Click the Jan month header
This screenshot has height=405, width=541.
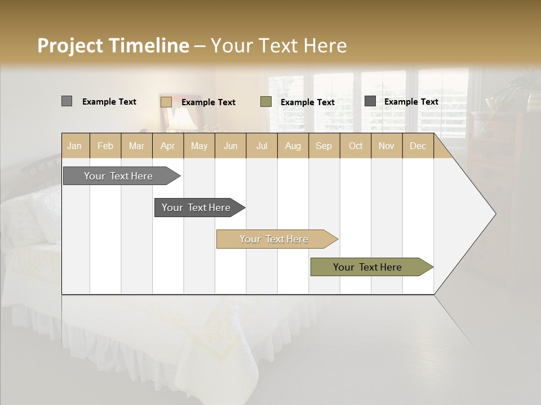click(x=74, y=146)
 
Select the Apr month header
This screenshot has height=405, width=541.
click(x=167, y=146)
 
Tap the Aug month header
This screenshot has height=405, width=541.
click(x=292, y=146)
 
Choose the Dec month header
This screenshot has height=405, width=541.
click(x=418, y=146)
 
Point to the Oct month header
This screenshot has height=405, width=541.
click(x=356, y=146)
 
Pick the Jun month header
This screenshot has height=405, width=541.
click(x=230, y=146)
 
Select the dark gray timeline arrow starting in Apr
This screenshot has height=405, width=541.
click(x=197, y=208)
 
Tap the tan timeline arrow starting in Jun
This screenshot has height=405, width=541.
click(x=275, y=239)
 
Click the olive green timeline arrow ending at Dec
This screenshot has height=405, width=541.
click(x=369, y=267)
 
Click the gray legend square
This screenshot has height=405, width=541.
click(x=66, y=101)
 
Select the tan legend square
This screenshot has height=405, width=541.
click(x=166, y=102)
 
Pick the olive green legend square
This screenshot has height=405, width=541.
click(x=266, y=102)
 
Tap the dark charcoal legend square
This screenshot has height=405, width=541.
click(x=370, y=101)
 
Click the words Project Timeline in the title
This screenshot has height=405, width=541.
click(x=113, y=46)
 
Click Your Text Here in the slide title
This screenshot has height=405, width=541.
click(x=278, y=46)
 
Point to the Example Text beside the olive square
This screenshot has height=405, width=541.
click(x=307, y=102)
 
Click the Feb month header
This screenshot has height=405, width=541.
click(x=105, y=146)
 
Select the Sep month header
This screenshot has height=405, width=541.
click(x=323, y=146)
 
